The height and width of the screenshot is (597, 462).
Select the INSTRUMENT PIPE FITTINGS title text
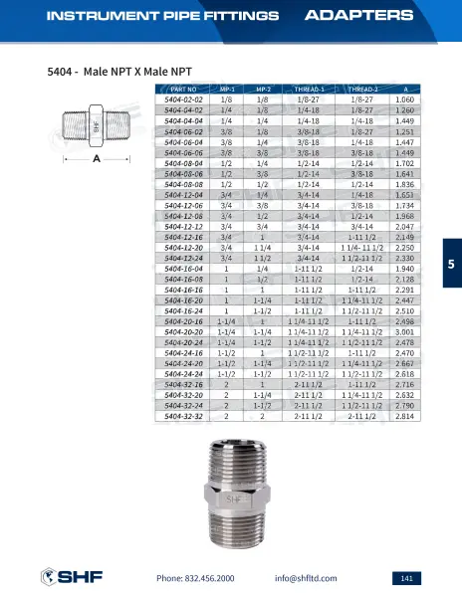click(x=148, y=16)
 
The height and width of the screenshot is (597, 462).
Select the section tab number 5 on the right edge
click(x=450, y=264)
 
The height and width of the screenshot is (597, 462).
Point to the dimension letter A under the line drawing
click(x=96, y=158)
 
